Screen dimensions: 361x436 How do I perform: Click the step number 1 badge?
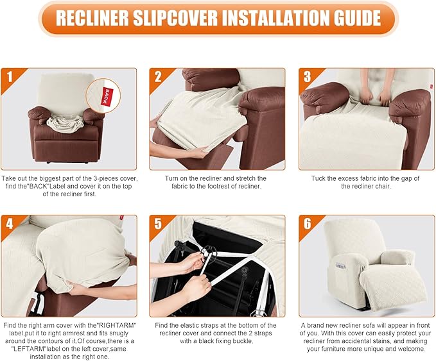[10, 78]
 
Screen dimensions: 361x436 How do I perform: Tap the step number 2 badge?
[159, 78]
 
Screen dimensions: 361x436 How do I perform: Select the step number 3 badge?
[308, 78]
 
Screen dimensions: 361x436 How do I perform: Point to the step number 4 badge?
[10, 225]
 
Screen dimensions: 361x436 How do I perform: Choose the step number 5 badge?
[159, 225]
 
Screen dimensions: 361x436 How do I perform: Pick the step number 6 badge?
[308, 225]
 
